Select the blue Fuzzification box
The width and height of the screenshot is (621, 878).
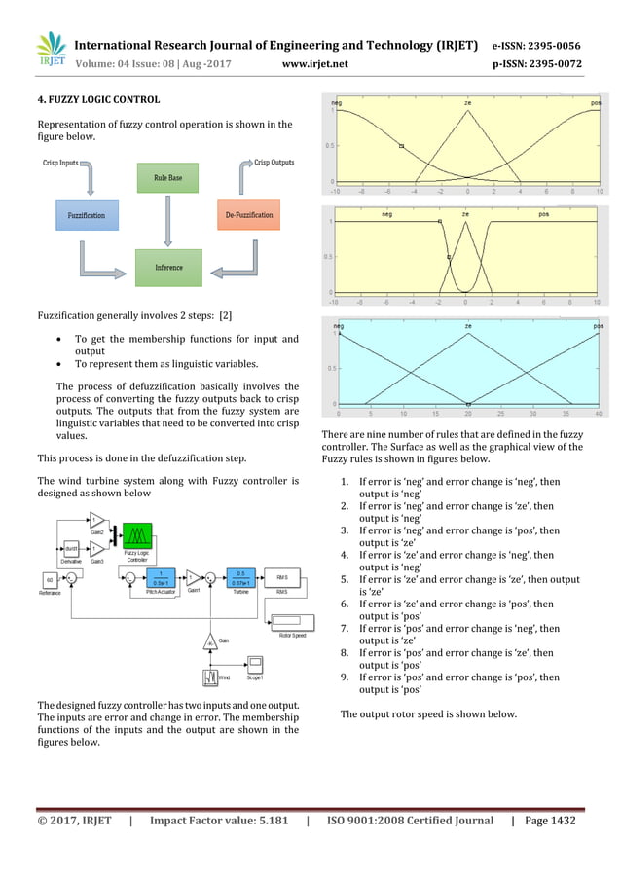(x=87, y=215)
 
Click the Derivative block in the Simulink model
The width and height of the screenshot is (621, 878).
(x=70, y=552)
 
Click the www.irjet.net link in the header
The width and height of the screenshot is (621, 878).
(x=313, y=65)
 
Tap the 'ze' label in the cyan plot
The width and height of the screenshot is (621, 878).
(x=468, y=326)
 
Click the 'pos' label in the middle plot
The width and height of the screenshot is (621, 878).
(x=543, y=214)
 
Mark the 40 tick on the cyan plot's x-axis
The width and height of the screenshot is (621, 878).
(x=598, y=413)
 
